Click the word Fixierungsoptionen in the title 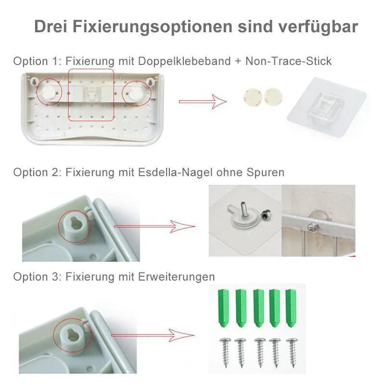tap(153, 26)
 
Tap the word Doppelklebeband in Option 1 tap(188, 61)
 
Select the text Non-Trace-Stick tap(288, 61)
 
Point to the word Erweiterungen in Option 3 tap(177, 277)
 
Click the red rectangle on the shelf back tap(91, 94)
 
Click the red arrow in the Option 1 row tap(202, 102)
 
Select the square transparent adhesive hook tap(322, 105)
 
